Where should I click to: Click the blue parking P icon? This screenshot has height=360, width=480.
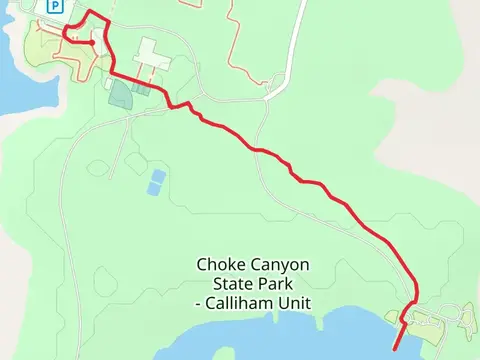point(56,6)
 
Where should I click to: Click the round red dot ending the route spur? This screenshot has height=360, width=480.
point(93,43)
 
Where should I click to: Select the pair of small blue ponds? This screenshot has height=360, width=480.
point(157,182)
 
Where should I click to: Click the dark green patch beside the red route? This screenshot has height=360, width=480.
point(120,95)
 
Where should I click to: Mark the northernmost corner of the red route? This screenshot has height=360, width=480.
point(89,11)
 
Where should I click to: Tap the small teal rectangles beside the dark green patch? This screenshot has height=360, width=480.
point(139,89)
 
